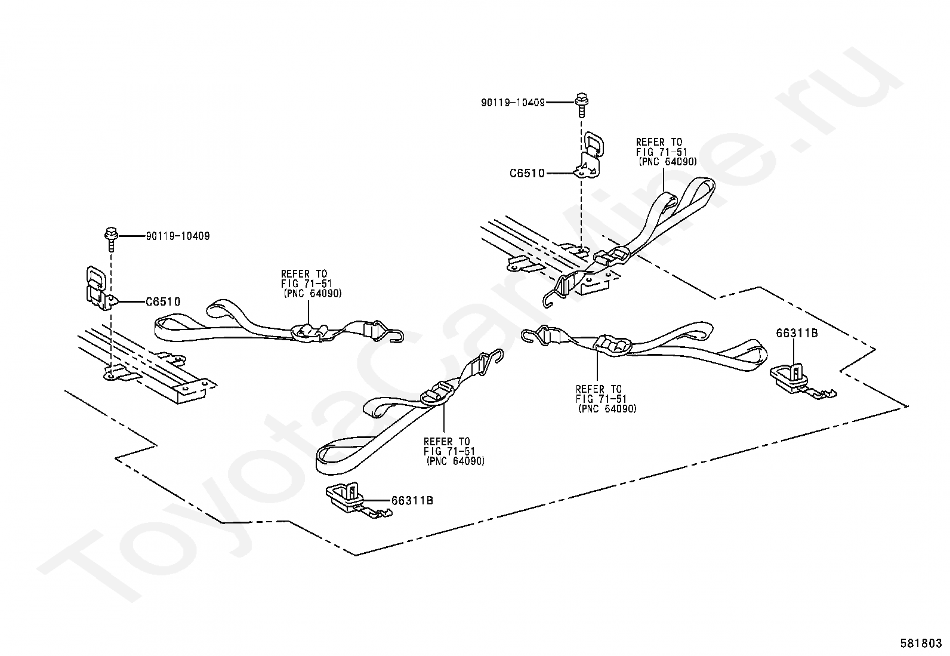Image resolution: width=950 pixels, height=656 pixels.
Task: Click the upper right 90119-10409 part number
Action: [x=513, y=103]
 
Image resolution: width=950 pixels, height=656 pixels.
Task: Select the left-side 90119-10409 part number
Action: [x=178, y=236]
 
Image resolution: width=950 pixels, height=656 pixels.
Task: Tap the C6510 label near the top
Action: [x=527, y=174]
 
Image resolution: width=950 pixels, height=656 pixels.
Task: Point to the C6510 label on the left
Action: [x=163, y=301]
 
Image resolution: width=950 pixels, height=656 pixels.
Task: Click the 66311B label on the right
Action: [x=797, y=334]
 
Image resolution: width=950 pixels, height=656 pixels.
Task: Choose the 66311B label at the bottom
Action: [x=412, y=501]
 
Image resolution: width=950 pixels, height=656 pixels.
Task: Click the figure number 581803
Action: [x=921, y=643]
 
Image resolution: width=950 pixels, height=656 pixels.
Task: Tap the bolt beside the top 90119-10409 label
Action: [x=582, y=106]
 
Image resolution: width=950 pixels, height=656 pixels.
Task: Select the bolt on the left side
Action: [x=110, y=239]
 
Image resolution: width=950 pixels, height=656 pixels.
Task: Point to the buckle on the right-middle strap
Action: [x=612, y=346]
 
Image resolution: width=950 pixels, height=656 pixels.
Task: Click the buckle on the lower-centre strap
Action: [x=437, y=392]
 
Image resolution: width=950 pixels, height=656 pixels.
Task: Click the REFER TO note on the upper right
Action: [x=666, y=152]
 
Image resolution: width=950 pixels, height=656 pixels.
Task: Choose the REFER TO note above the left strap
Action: [x=311, y=284]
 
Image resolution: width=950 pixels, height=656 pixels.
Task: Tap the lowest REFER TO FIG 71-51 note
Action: [x=454, y=451]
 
